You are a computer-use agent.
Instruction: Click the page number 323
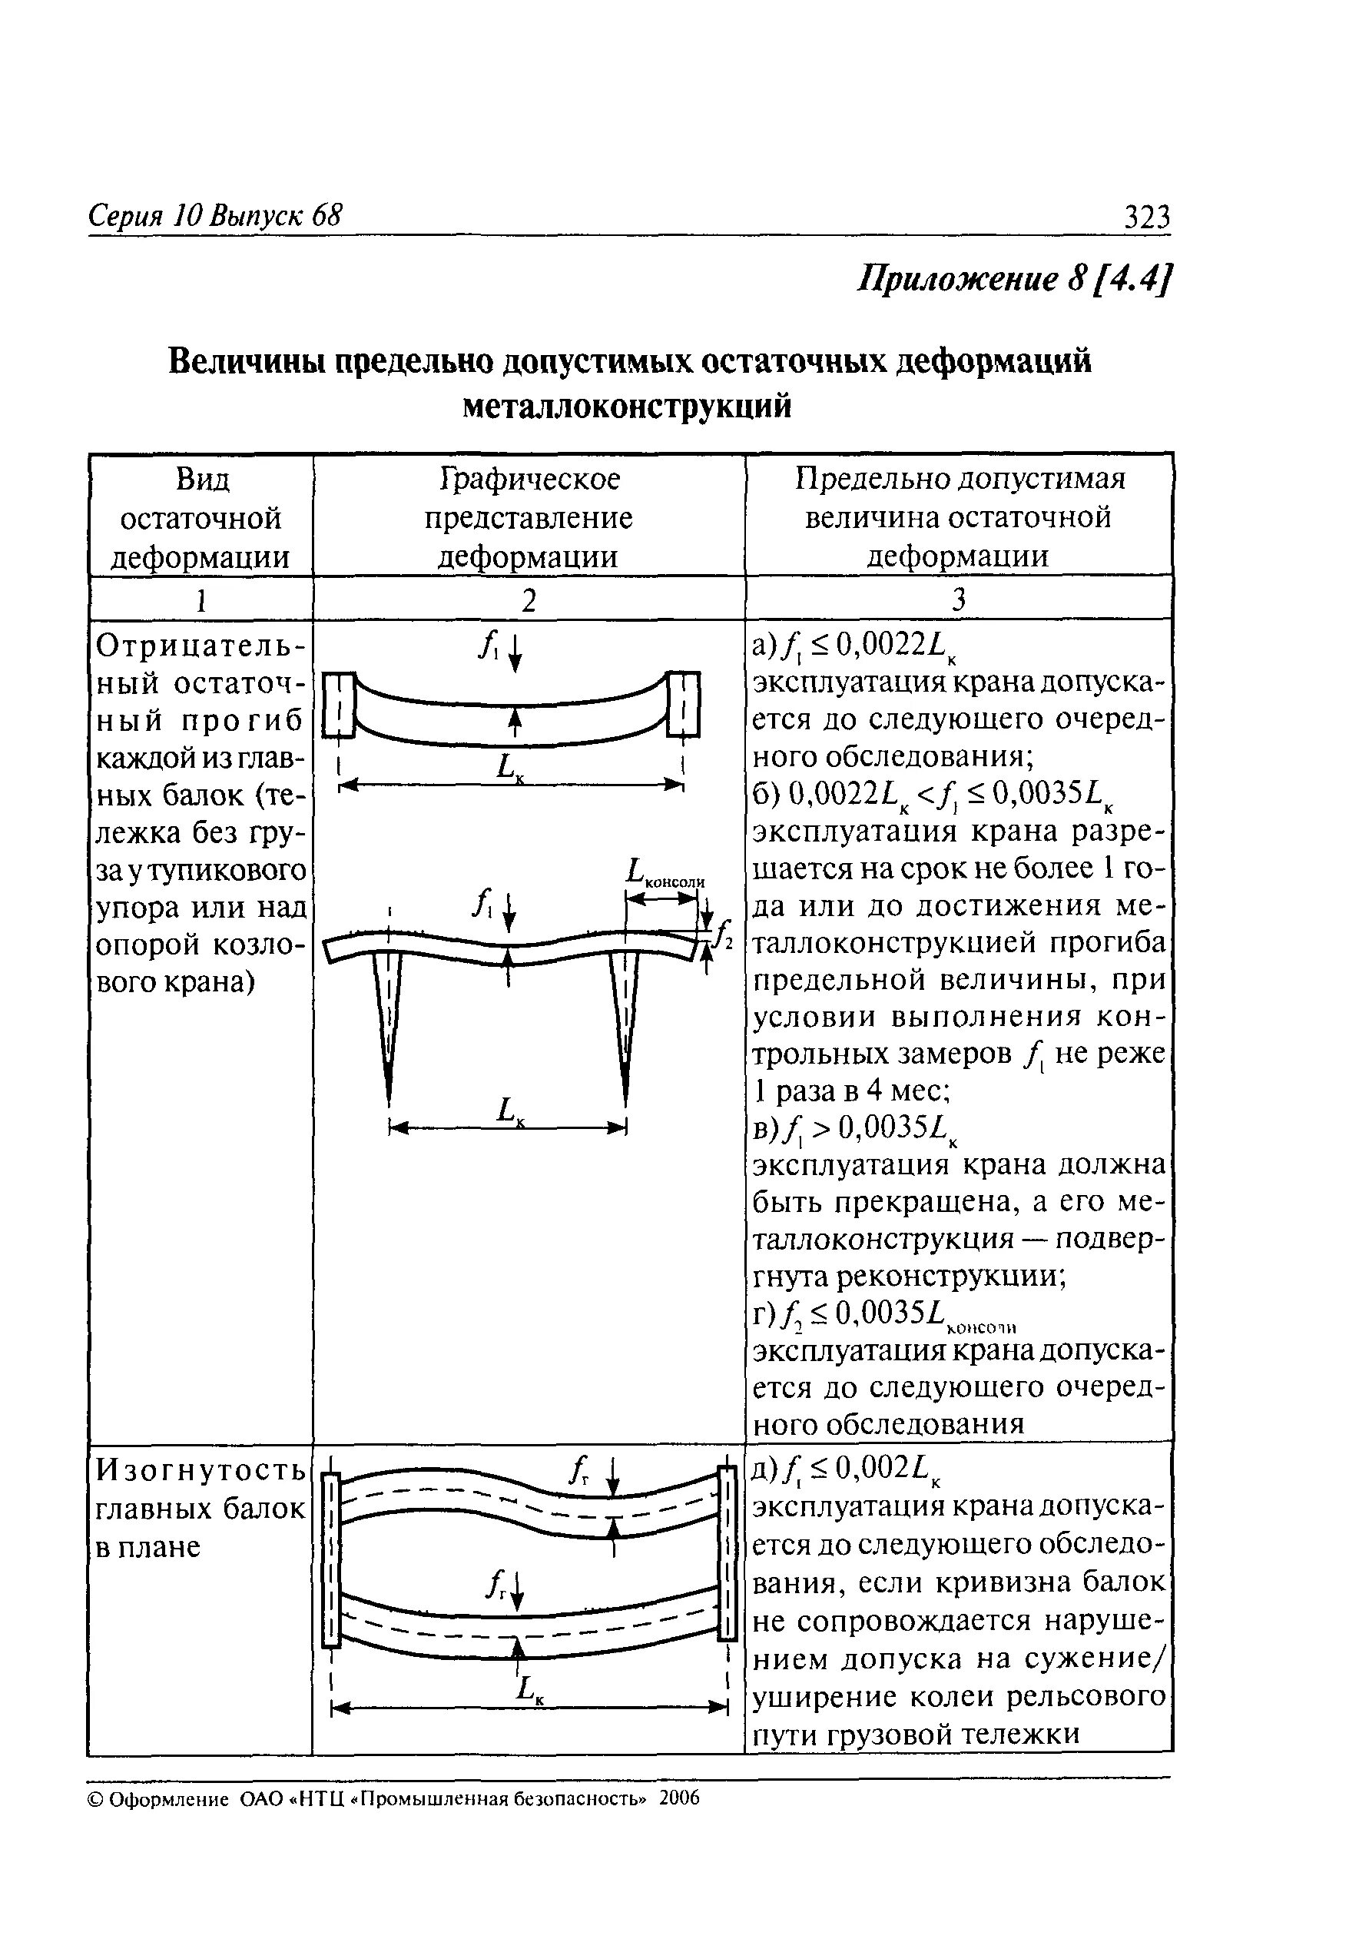coord(1146,218)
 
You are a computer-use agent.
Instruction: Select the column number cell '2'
coord(529,599)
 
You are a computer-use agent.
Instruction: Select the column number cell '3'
coord(958,599)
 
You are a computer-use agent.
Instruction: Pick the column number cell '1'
coord(201,599)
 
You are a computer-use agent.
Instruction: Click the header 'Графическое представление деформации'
coord(529,518)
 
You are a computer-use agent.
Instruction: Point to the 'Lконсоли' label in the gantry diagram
coord(665,873)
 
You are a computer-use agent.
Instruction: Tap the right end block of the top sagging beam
coord(683,703)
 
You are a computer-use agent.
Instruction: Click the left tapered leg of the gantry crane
coord(387,1022)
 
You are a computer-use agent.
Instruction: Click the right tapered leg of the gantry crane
coord(625,1022)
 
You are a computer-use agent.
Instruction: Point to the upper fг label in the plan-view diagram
coord(578,1497)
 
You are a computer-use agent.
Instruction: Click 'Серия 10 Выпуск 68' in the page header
coord(215,216)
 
